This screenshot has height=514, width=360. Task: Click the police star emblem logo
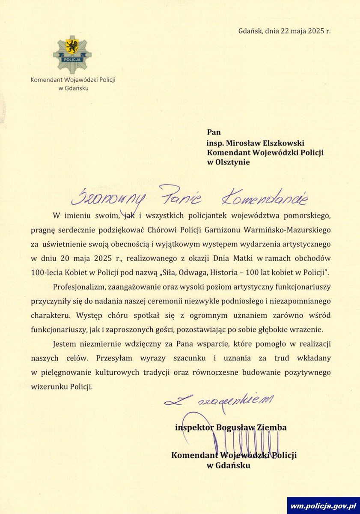(72, 54)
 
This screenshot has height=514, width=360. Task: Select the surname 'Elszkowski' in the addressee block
(283, 143)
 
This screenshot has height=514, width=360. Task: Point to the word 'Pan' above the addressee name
(214, 132)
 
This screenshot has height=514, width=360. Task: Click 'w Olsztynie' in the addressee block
(228, 162)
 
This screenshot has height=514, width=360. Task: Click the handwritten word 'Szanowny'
(108, 197)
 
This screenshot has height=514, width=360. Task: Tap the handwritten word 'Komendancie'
(265, 197)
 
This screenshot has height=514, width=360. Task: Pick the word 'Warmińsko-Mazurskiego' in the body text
(287, 230)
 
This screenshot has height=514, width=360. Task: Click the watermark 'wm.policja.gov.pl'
(323, 506)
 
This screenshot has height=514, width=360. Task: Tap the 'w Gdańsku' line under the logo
(73, 88)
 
